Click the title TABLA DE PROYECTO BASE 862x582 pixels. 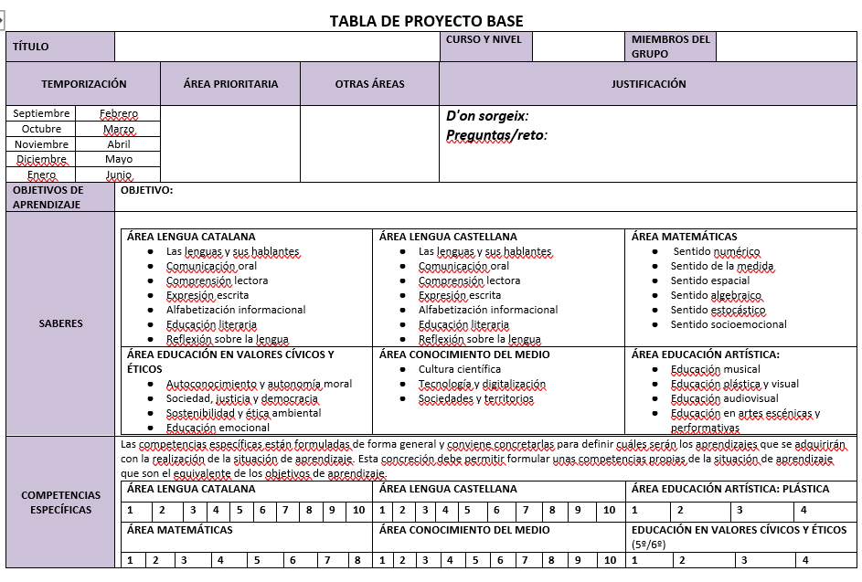pyautogui.click(x=426, y=21)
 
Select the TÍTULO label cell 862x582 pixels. pyautogui.click(x=31, y=47)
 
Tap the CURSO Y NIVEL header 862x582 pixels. pyautogui.click(x=484, y=39)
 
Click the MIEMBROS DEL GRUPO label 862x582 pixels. pyautogui.click(x=670, y=47)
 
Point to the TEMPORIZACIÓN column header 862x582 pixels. pyautogui.click(x=83, y=84)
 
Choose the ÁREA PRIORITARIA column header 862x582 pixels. pyautogui.click(x=230, y=84)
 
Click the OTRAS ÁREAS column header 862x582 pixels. pyautogui.click(x=369, y=84)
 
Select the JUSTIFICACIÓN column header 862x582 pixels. pyautogui.click(x=648, y=84)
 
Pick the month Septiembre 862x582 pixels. pyautogui.click(x=42, y=113)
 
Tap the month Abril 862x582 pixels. pyautogui.click(x=119, y=144)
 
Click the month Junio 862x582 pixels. pyautogui.click(x=119, y=175)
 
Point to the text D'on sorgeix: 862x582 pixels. pyautogui.click(x=487, y=116)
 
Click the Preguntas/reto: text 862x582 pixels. pyautogui.click(x=496, y=135)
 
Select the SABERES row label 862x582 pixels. pyautogui.click(x=60, y=323)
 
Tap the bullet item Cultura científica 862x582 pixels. pyautogui.click(x=460, y=369)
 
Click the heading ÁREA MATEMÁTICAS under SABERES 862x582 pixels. pyautogui.click(x=684, y=237)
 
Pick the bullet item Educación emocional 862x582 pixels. pyautogui.click(x=218, y=428)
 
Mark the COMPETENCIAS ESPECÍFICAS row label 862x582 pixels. pyautogui.click(x=60, y=503)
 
